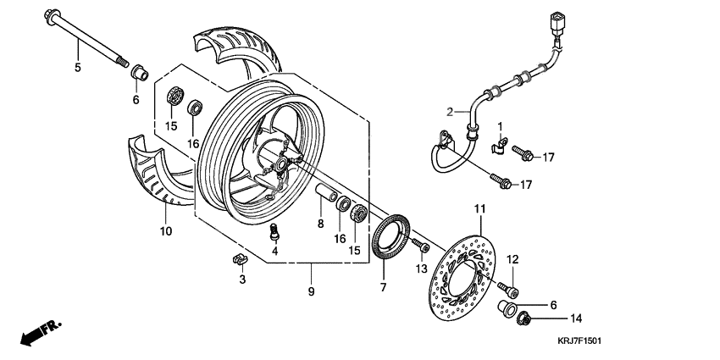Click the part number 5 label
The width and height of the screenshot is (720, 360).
pyautogui.click(x=77, y=67)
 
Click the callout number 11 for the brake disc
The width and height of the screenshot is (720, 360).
pyautogui.click(x=479, y=208)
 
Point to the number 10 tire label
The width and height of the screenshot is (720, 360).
pyautogui.click(x=165, y=230)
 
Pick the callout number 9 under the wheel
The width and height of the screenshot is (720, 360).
pyautogui.click(x=311, y=291)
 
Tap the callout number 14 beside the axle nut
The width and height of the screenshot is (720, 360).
pyautogui.click(x=577, y=319)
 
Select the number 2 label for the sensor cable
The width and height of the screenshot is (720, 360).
pyautogui.click(x=452, y=111)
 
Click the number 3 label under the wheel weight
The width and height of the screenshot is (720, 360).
pyautogui.click(x=241, y=279)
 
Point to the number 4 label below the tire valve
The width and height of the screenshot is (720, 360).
pyautogui.click(x=274, y=251)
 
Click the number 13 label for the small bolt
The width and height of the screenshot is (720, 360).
pyautogui.click(x=419, y=269)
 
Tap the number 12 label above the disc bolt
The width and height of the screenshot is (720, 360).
pyautogui.click(x=512, y=259)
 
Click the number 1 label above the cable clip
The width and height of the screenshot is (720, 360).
pyautogui.click(x=500, y=126)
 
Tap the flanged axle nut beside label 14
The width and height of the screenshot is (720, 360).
pyautogui.click(x=523, y=319)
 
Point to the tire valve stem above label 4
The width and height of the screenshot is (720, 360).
pyautogui.click(x=274, y=230)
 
